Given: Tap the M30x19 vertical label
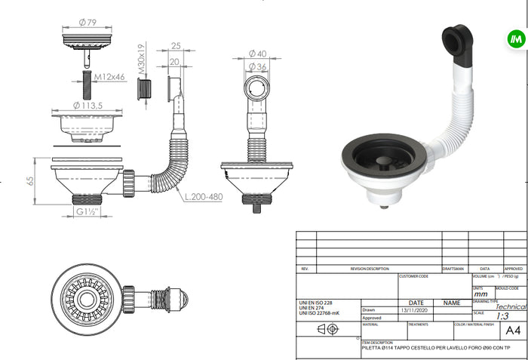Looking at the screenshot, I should tap(141, 60).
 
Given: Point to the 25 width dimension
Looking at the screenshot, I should tap(175, 46).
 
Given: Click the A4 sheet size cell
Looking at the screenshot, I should tap(512, 330).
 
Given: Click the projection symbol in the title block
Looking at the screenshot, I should tap(327, 330).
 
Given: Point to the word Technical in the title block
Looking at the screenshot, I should tap(511, 307).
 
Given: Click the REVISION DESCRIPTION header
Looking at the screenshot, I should tap(370, 269).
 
